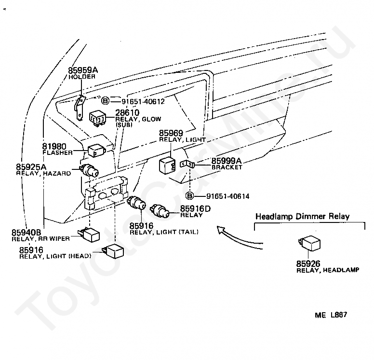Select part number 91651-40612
pos(143,101)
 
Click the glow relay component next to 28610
pos(99,117)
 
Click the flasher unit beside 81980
pos(96,151)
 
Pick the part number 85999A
pos(227,161)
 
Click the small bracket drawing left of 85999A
pos(189,165)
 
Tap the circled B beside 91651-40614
pos(190,196)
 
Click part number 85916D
pos(196,208)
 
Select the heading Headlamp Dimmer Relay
pos(302,216)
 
